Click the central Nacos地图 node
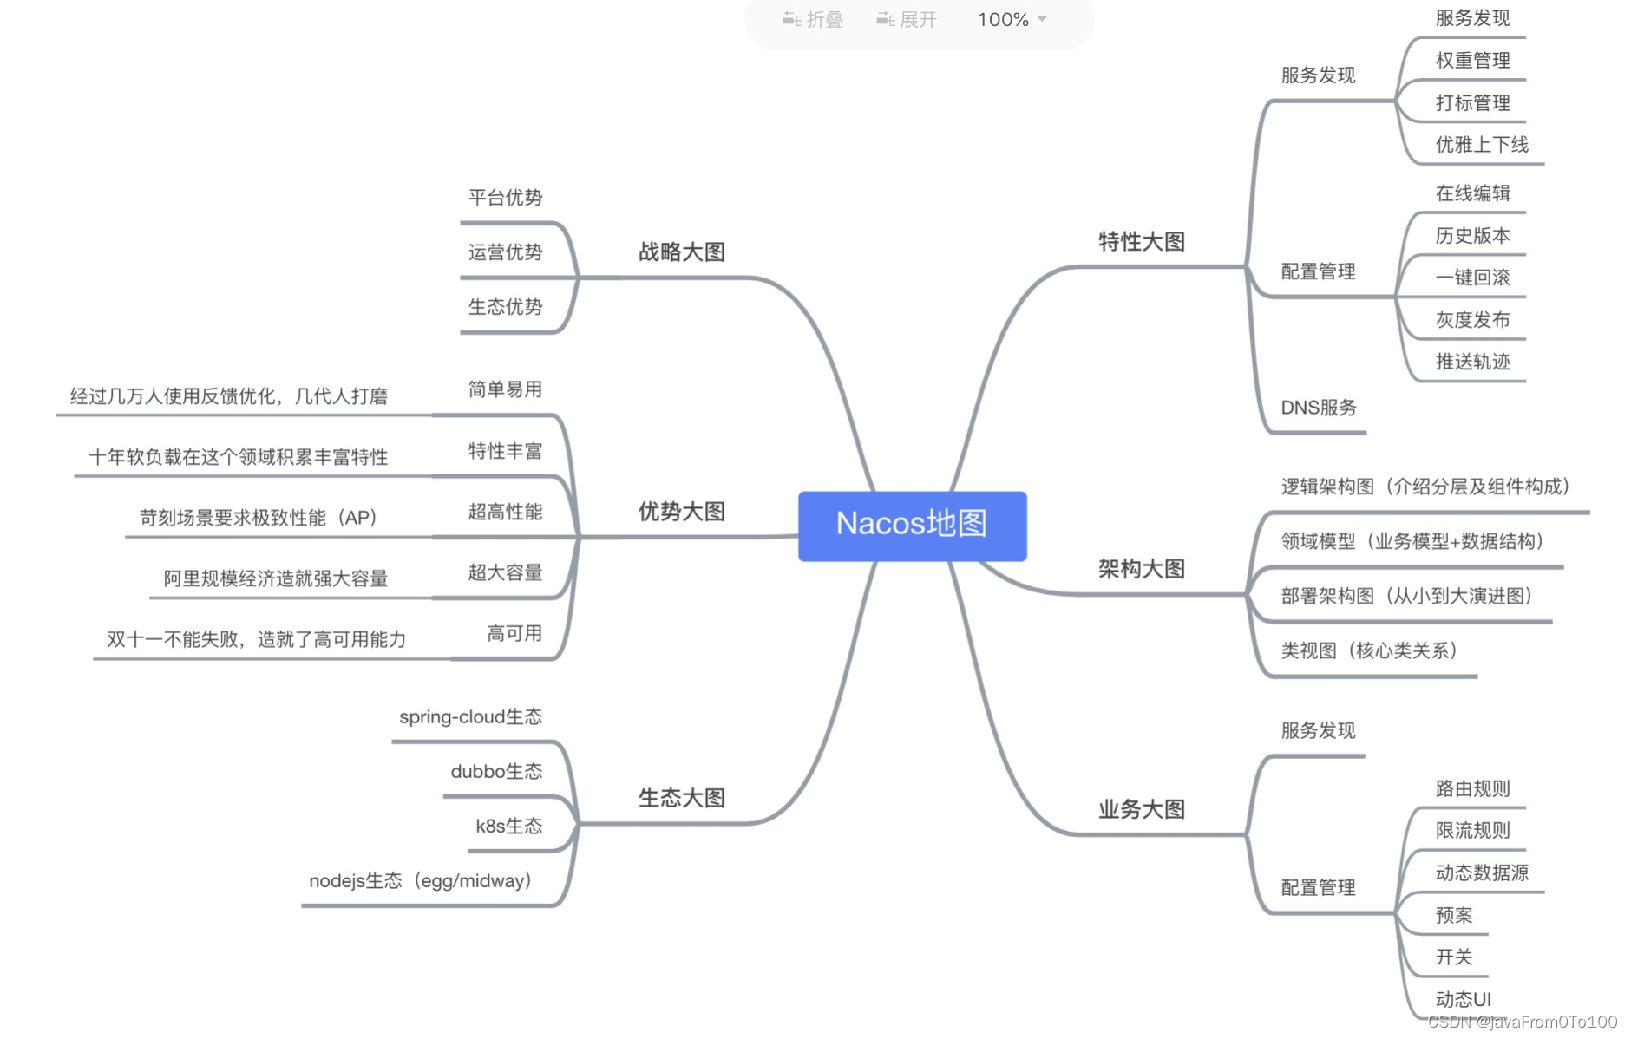pos(912,525)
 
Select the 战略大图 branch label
pos(681,252)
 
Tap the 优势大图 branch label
pos(681,512)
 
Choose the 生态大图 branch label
pos(681,798)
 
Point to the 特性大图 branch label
pos(1141,242)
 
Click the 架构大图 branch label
pos(1141,569)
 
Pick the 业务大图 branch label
pos(1141,809)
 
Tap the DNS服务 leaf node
pos(1318,408)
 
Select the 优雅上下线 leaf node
pos(1481,145)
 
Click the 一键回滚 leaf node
pos(1472,278)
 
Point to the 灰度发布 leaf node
pos(1472,320)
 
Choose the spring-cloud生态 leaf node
pos(470,717)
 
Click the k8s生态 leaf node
pos(508,827)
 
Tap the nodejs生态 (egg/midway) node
pos(421,881)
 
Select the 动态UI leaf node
pos(1463,999)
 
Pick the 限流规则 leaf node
pos(1472,831)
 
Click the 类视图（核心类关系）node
pos(1369,650)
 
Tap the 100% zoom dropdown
pos(1012,19)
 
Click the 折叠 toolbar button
pos(813,19)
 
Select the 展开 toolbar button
pos(907,19)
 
